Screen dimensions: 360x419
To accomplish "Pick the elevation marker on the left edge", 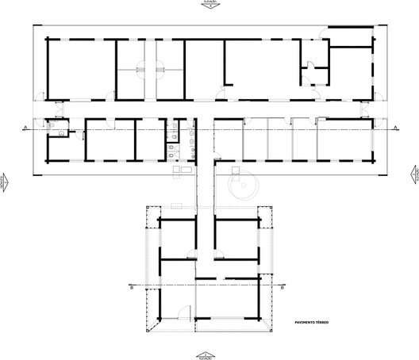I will click(5, 181).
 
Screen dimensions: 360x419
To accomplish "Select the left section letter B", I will click(130, 288).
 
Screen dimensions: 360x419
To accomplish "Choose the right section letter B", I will click(282, 288).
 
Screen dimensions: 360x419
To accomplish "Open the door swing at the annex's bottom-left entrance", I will click(182, 312).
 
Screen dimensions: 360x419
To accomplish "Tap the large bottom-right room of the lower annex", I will click(229, 301).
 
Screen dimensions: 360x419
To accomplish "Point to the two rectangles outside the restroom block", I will click(179, 169).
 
